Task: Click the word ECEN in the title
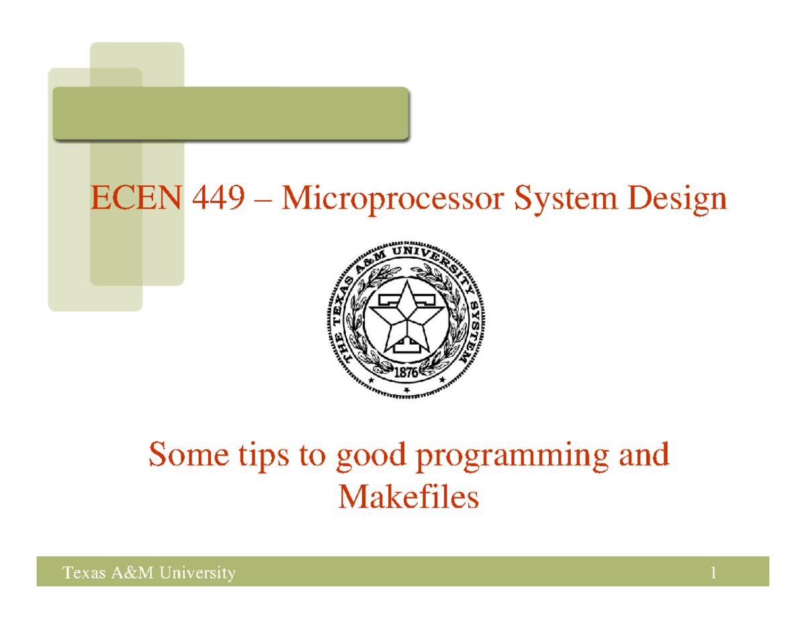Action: click(136, 199)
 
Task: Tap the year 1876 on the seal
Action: click(406, 371)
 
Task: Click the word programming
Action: click(514, 457)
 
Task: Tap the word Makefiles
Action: click(408, 498)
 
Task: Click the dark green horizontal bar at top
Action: click(231, 113)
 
